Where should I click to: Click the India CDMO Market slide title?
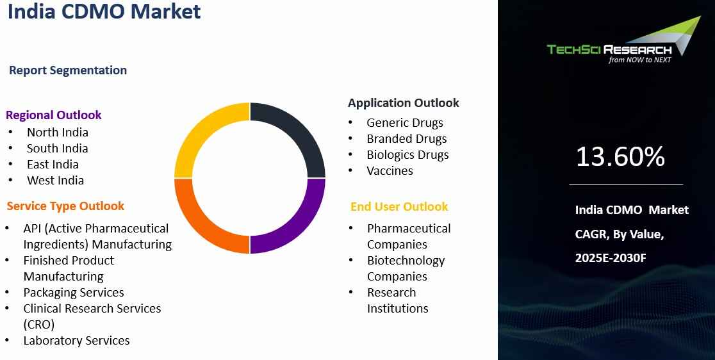[x=104, y=12]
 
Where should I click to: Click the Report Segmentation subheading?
[x=68, y=70]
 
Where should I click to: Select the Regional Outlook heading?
[x=53, y=115]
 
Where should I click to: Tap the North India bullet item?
[x=58, y=132]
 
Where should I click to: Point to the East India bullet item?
[x=53, y=164]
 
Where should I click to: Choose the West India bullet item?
[x=55, y=180]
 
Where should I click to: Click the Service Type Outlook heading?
[x=65, y=206]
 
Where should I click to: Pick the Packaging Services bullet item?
[x=74, y=292]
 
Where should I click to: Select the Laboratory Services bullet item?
[x=77, y=340]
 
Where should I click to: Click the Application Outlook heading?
[x=404, y=103]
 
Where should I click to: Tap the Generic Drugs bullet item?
[x=405, y=122]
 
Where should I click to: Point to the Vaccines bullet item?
[x=390, y=170]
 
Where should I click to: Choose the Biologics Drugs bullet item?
[x=407, y=154]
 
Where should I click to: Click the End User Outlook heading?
[x=399, y=206]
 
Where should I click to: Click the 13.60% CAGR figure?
[x=620, y=156]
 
